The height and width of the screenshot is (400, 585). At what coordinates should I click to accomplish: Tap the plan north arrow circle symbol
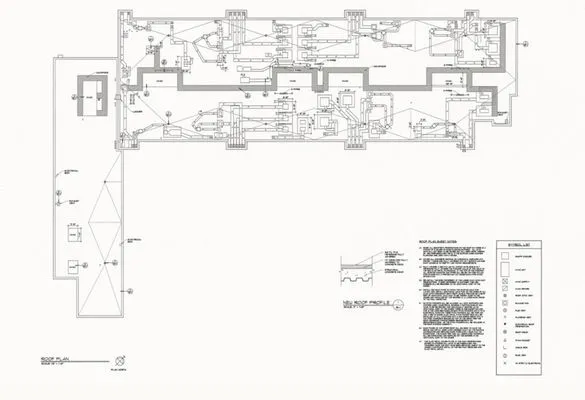tap(121, 357)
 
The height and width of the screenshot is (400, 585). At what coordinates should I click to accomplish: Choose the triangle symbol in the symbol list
tap(505, 350)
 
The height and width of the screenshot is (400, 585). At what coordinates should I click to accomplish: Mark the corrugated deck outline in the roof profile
tap(360, 275)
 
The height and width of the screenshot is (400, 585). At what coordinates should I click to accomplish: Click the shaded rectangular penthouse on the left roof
tap(89, 96)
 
